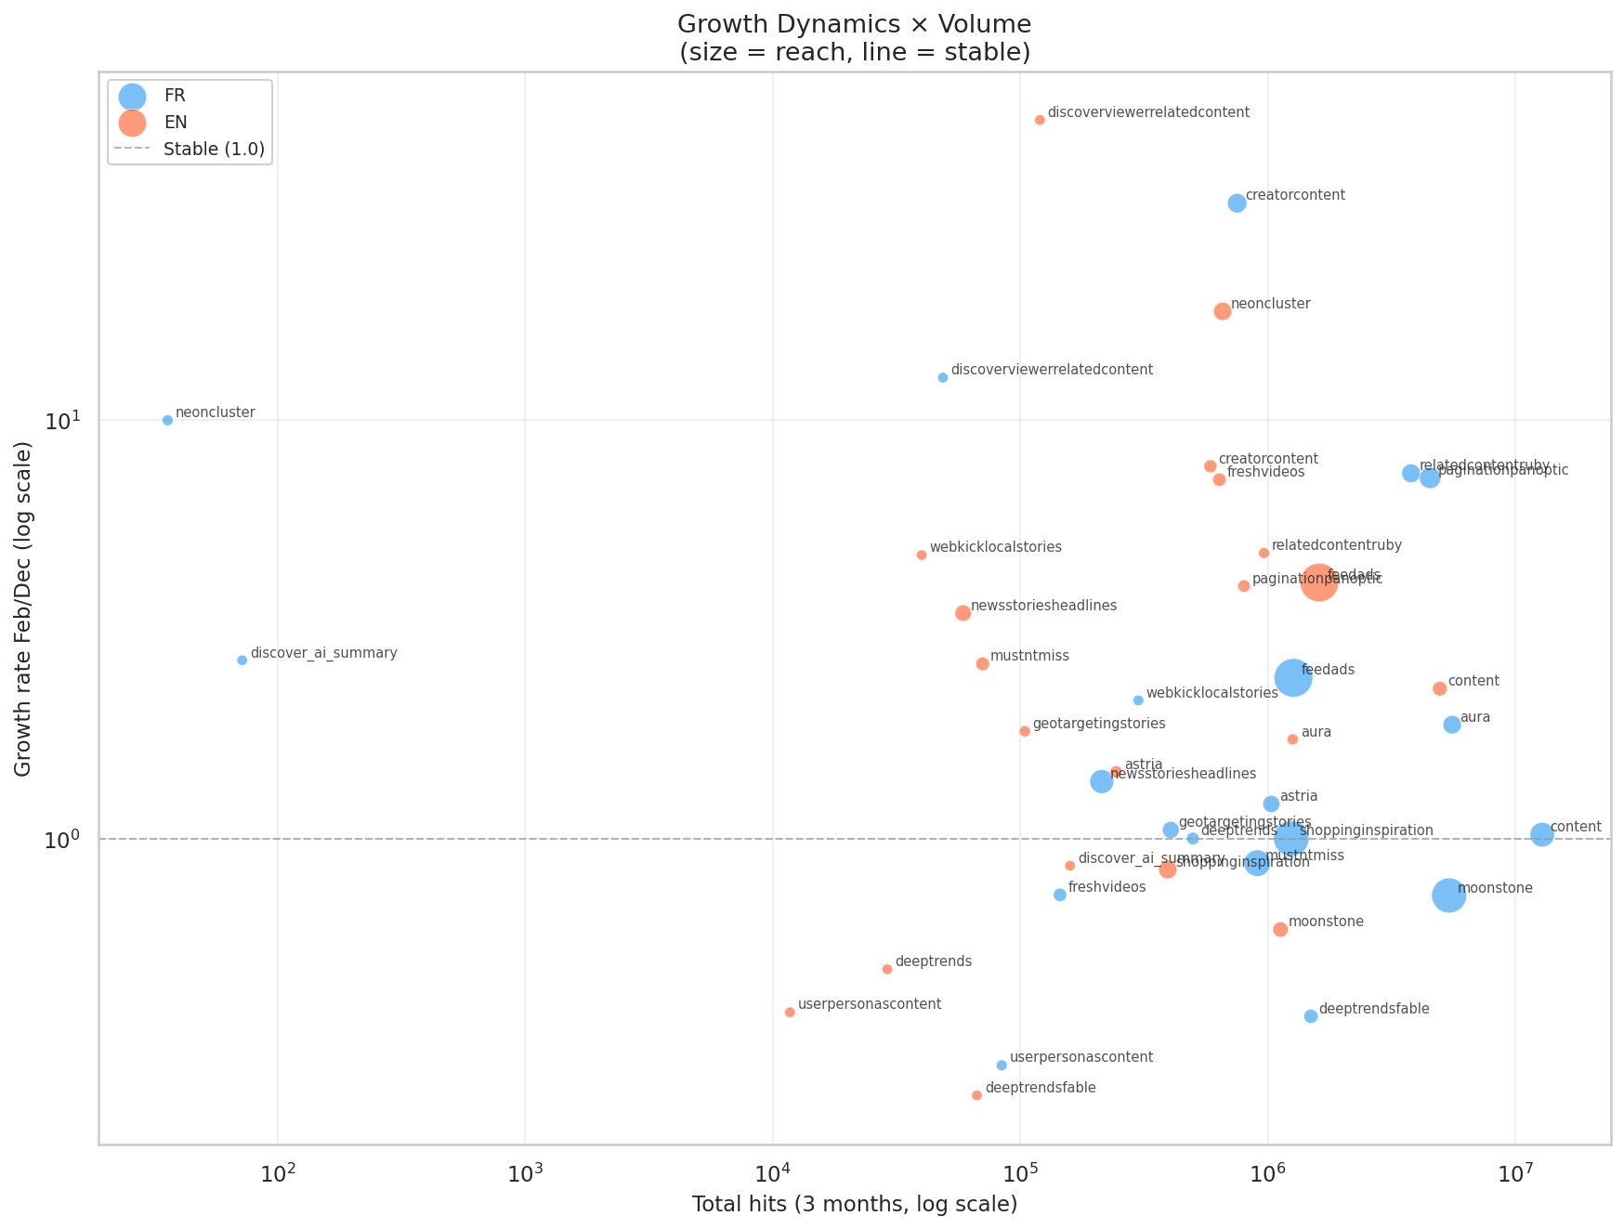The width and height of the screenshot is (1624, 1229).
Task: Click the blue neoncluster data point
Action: pyautogui.click(x=167, y=420)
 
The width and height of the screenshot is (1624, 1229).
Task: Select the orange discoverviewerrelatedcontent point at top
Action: pyautogui.click(x=1040, y=120)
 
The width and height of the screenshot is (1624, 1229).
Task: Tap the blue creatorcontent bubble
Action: pyautogui.click(x=1237, y=203)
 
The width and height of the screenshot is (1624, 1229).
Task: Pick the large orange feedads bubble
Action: pyautogui.click(x=1319, y=582)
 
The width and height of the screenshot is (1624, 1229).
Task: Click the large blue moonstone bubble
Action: pyautogui.click(x=1448, y=896)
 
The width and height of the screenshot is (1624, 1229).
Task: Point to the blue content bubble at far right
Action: pyautogui.click(x=1541, y=834)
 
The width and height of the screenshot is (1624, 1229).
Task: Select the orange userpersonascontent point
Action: pyautogui.click(x=790, y=1013)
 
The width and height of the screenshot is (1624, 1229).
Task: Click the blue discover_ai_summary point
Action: pyautogui.click(x=242, y=660)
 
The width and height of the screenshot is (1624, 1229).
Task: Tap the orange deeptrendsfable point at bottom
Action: pyautogui.click(x=976, y=1095)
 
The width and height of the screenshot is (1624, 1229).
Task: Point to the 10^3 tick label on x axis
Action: pyautogui.click(x=525, y=1174)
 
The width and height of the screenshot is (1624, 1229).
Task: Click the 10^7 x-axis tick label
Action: pyautogui.click(x=1515, y=1174)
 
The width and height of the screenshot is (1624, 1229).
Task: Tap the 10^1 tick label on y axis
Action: pyautogui.click(x=63, y=421)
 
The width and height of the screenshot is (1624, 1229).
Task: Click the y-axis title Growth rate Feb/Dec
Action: pyautogui.click(x=23, y=608)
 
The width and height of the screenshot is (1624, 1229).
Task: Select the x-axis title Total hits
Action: pyautogui.click(x=855, y=1205)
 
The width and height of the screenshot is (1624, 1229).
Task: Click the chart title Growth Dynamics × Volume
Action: pyautogui.click(x=855, y=23)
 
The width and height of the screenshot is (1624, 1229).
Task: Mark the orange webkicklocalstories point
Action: pyautogui.click(x=922, y=555)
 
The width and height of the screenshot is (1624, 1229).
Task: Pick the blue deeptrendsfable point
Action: pyautogui.click(x=1311, y=1016)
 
